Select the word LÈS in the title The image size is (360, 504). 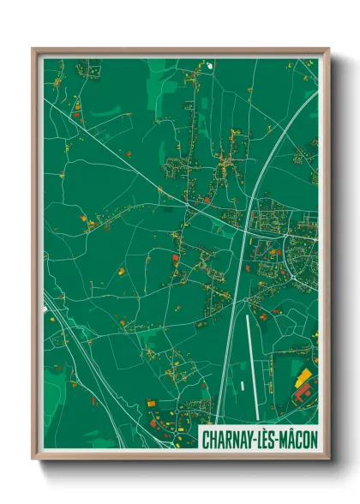(x=263, y=440)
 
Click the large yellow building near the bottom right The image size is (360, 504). (x=304, y=376)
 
